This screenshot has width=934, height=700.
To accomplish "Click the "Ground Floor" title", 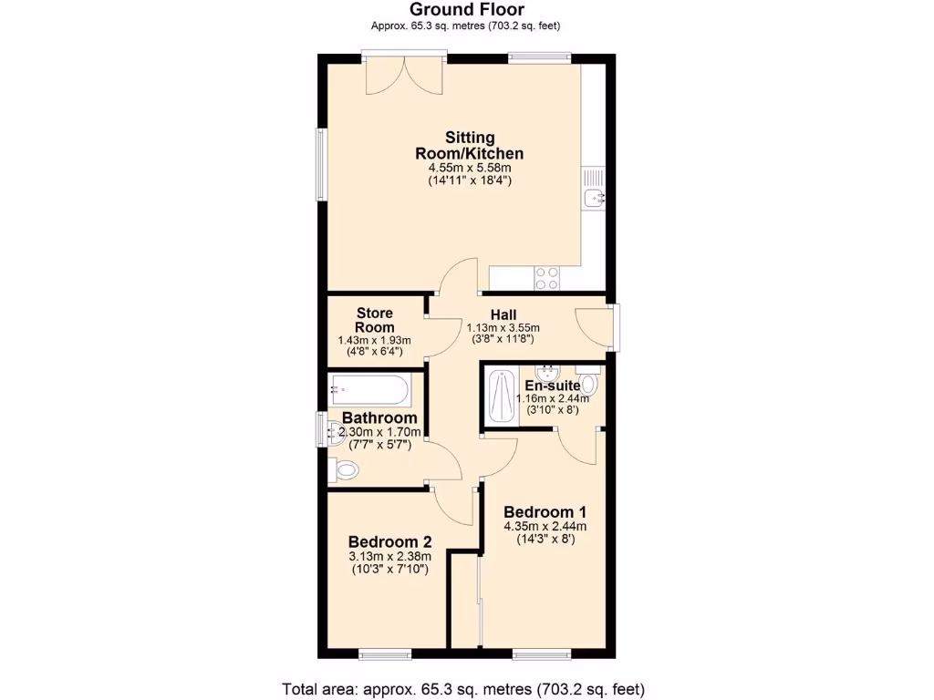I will point(466,9).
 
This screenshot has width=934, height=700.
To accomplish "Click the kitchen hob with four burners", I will point(547,278).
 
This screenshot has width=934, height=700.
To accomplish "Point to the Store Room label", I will point(375,320).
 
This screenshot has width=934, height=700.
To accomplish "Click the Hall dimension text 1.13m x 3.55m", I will point(503,328).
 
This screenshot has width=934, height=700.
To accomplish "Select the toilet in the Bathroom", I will point(345,470).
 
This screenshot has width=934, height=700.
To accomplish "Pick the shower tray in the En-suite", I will point(502,396).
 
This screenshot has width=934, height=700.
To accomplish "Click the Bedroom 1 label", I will point(545,511).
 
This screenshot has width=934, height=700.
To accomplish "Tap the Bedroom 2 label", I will point(390,541).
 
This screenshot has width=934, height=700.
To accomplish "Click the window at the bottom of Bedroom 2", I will point(386,653).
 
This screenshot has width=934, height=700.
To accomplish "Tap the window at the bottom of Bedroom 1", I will point(541,653).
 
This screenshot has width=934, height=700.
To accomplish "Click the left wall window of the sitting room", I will point(321,164).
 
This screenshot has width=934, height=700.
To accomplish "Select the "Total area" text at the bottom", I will point(466,688).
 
